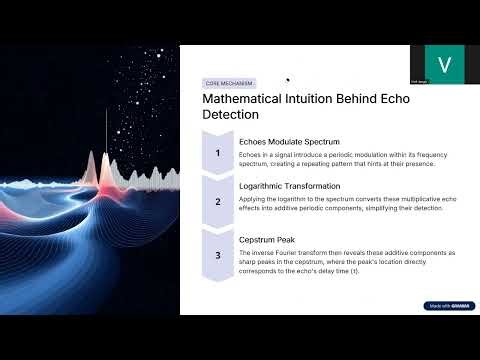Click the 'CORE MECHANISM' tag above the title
(x=229, y=83)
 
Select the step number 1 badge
(x=218, y=154)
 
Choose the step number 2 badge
(x=218, y=201)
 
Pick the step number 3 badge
(x=218, y=255)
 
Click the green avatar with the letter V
(x=445, y=64)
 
